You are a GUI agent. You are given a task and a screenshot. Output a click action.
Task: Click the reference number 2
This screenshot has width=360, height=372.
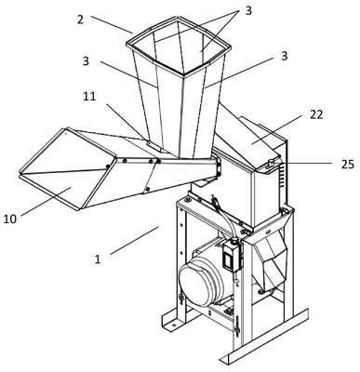[80, 20]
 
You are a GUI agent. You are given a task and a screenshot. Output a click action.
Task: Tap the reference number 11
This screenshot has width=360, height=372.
[89, 97]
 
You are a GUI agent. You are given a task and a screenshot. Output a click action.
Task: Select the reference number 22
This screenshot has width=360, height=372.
[316, 115]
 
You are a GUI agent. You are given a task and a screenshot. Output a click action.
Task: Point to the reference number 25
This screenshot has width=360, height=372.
[347, 165]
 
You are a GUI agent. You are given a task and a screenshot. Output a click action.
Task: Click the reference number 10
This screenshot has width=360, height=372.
[10, 219]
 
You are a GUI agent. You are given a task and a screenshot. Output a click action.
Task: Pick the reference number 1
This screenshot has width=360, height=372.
[98, 259]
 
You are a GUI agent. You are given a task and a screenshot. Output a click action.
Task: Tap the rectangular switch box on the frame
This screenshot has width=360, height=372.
[230, 256]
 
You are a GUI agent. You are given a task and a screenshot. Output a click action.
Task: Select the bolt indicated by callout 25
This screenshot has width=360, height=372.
[272, 163]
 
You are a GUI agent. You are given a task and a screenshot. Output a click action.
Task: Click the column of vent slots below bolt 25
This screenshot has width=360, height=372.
[282, 176]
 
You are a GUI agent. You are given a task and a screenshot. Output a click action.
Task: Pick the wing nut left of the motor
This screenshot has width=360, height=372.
[180, 299]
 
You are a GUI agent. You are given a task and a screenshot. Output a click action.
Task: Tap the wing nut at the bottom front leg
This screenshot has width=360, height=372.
[236, 330]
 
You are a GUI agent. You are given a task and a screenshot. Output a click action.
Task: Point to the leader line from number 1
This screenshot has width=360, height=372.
[135, 241]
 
